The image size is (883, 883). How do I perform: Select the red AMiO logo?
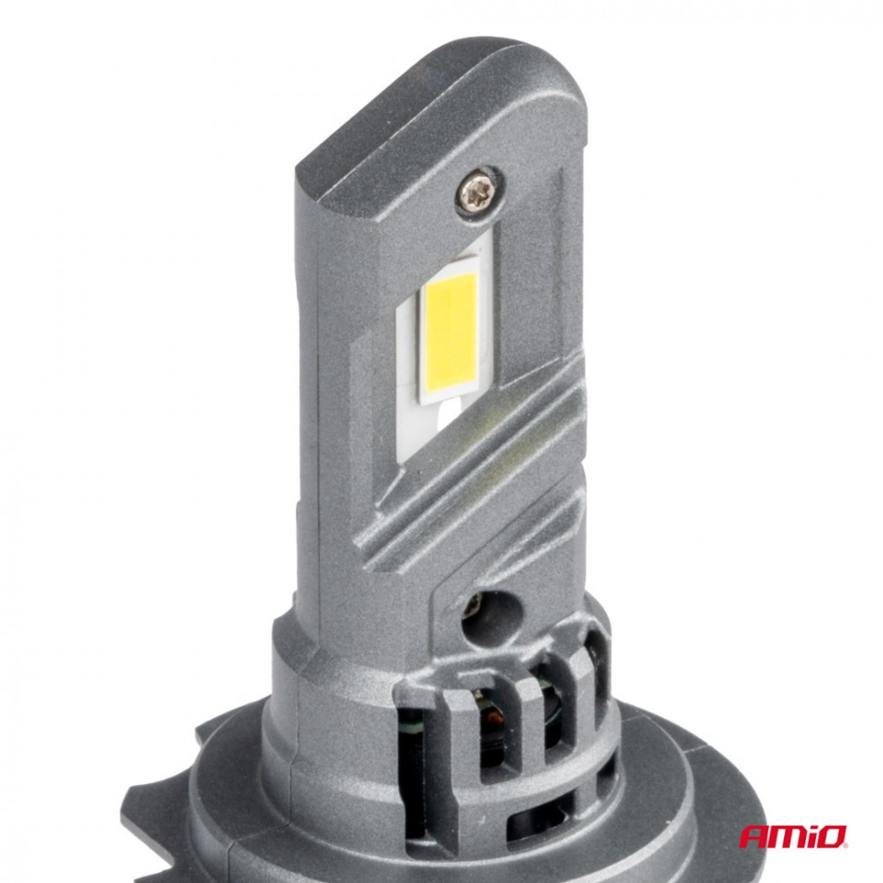coord(793,836)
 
